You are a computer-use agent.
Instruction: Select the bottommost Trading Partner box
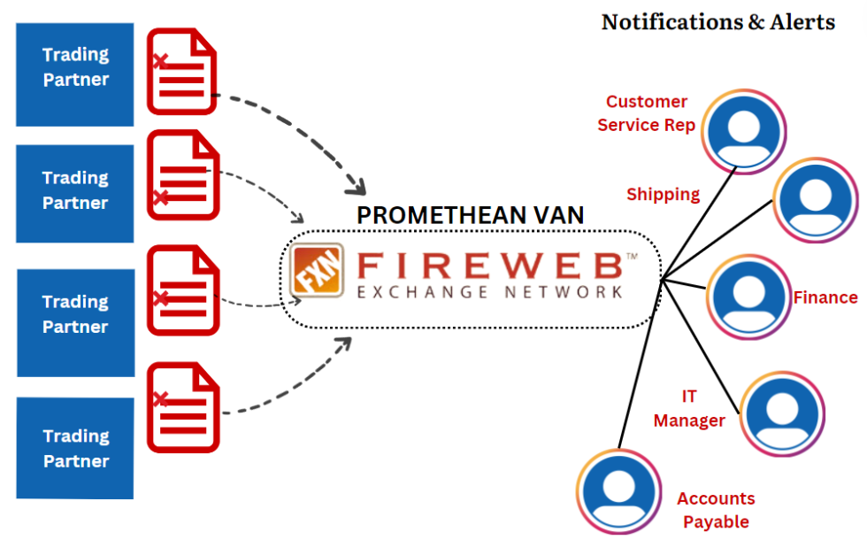[x=75, y=448]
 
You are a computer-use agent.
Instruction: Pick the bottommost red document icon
[x=181, y=405]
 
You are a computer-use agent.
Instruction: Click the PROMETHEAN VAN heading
[x=470, y=215]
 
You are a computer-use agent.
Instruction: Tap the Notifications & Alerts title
[x=717, y=22]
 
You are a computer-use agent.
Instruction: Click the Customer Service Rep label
[x=647, y=113]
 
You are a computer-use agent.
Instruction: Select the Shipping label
[x=663, y=194]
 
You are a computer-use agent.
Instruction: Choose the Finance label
[x=825, y=297]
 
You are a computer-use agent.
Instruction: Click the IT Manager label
[x=689, y=408]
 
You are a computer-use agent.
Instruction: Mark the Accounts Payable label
[x=716, y=510]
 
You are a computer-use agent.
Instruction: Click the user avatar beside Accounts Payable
[x=619, y=491]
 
